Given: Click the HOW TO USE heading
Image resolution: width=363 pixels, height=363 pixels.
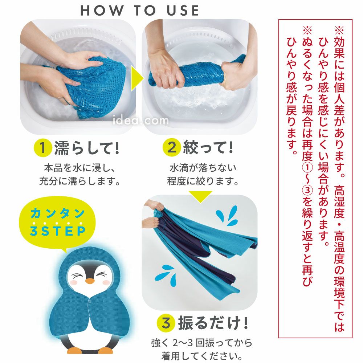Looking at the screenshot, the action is click(139, 11).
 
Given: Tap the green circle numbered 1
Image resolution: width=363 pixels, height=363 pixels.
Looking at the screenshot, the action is click(42, 147).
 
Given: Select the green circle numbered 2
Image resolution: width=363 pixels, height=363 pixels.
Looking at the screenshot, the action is click(171, 147).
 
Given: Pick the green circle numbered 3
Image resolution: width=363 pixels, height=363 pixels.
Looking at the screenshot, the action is click(166, 323).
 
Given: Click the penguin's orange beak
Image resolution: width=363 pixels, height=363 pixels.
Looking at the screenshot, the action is click(90, 281).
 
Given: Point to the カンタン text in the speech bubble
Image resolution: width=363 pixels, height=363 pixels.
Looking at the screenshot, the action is click(57, 213).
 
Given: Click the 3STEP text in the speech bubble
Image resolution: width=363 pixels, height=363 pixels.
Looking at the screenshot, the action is click(58, 231).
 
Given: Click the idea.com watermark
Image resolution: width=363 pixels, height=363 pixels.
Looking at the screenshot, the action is click(140, 120).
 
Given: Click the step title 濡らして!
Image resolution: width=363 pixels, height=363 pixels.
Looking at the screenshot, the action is click(87, 148).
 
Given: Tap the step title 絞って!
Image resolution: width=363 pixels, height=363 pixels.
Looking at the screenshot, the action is click(208, 147).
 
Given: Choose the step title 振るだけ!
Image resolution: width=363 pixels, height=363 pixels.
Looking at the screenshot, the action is click(213, 323).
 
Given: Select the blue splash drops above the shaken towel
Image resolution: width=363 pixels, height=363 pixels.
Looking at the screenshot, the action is click(227, 216).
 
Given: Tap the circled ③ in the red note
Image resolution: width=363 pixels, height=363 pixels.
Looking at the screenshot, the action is click(308, 191).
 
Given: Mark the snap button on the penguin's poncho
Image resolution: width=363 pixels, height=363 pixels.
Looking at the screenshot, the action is click(90, 301).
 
